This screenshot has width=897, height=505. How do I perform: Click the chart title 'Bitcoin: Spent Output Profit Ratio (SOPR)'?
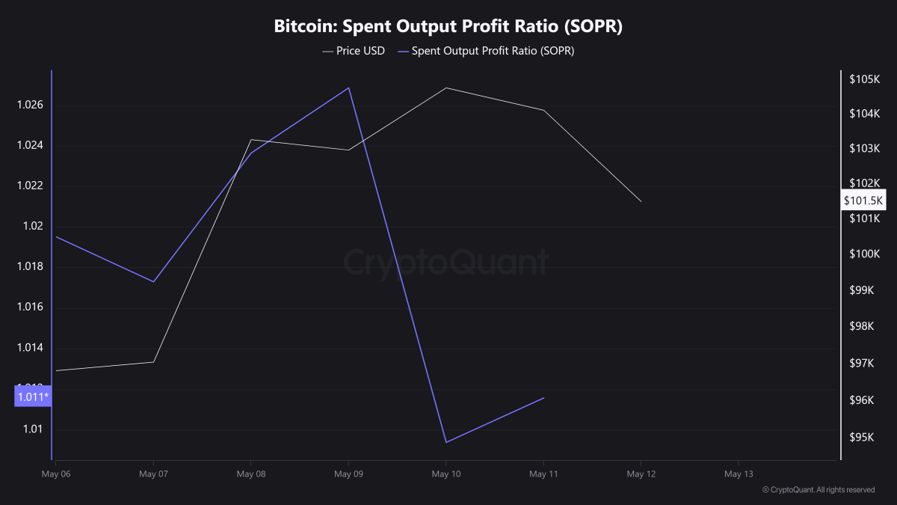449,27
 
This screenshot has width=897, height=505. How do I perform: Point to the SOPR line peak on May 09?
348,88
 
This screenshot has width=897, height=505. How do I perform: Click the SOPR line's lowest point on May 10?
446,442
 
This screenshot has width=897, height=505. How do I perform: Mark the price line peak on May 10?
446,88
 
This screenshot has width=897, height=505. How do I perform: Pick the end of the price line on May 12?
641,201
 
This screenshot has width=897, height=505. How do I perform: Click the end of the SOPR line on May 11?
543,398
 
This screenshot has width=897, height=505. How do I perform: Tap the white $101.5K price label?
863,201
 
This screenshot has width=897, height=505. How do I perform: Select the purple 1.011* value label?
32,397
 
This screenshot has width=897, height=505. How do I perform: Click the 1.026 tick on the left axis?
30,105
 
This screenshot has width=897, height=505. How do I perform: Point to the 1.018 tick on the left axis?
30,267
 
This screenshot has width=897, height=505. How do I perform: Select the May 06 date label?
55,474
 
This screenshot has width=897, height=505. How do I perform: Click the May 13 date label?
739,474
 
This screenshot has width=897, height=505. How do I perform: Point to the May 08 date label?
250,474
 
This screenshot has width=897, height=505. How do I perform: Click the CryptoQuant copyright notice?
818,490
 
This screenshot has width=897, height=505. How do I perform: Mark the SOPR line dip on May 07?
153,282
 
